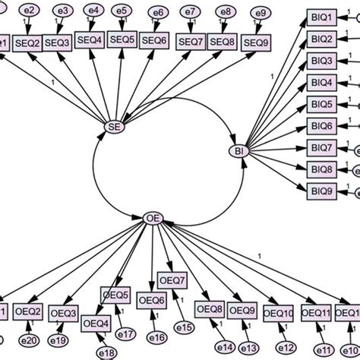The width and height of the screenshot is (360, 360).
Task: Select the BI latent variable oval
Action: click(x=239, y=152)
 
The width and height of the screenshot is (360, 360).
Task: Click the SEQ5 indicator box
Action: click(x=122, y=39)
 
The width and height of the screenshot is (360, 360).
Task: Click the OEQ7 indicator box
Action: click(x=172, y=281)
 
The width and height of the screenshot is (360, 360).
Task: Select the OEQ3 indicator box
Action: click(x=64, y=313)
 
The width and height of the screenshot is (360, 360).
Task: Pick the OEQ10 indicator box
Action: click(x=279, y=313)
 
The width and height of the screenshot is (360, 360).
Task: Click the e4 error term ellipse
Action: click(x=92, y=11)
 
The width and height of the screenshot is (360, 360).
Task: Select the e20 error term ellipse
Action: click(x=31, y=341)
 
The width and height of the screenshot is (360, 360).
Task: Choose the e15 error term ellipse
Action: click(x=183, y=326)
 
